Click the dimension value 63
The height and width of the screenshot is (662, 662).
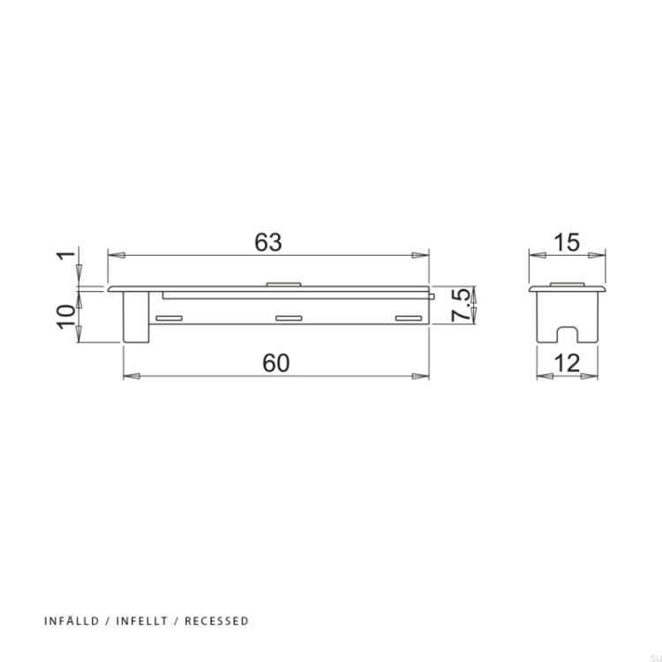(268, 243)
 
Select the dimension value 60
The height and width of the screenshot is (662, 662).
(276, 363)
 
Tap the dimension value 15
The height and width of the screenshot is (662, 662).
(568, 243)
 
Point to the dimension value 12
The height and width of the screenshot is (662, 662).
(568, 363)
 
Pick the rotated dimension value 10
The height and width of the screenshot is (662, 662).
(66, 317)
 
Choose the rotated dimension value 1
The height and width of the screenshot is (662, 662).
(66, 255)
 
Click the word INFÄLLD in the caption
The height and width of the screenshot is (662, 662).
(71, 621)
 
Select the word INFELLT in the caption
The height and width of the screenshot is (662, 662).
(142, 621)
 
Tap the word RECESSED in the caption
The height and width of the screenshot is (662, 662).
(216, 621)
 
